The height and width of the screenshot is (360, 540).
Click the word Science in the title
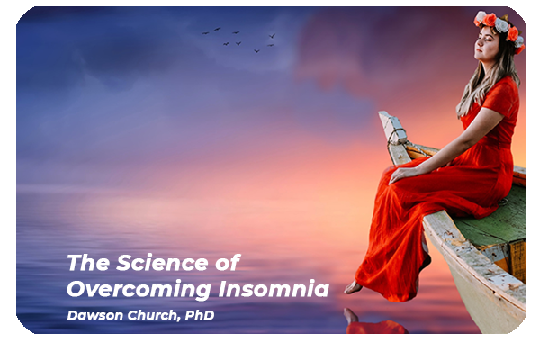coord(162,263)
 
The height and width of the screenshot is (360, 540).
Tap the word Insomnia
coord(274,289)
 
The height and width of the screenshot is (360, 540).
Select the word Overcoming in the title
coord(139,290)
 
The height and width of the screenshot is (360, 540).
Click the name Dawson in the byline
coord(94,315)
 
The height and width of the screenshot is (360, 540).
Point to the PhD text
coord(200,315)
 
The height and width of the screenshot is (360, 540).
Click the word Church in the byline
coord(154,316)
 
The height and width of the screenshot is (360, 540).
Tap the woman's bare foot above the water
coord(354,287)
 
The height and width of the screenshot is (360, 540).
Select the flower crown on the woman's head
coord(499,27)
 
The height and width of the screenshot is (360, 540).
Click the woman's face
coord(486,43)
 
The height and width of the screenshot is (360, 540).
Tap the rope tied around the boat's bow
coord(397,137)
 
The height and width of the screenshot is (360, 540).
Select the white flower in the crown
coord(501,25)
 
